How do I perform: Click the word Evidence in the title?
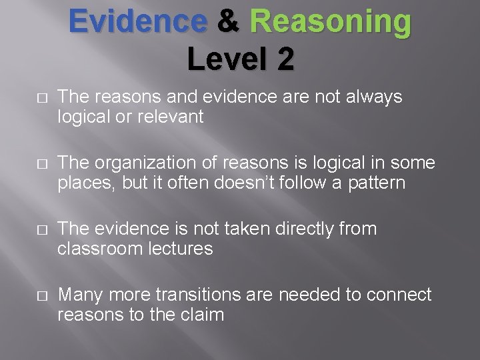[x=137, y=21]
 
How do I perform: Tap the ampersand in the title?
[x=228, y=21]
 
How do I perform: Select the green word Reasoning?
[x=330, y=23]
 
